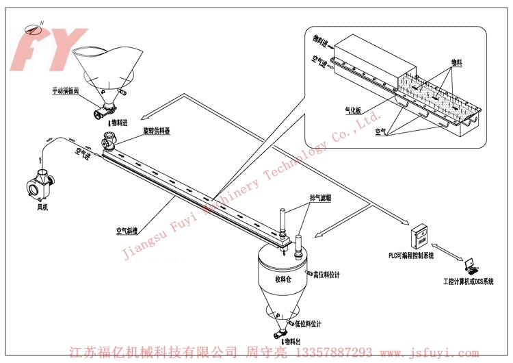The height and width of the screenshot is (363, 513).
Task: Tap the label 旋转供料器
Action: pyautogui.click(x=157, y=131)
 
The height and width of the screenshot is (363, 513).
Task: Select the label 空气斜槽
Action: pyautogui.click(x=129, y=232)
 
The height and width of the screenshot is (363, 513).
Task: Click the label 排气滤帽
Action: pyautogui.click(x=319, y=199)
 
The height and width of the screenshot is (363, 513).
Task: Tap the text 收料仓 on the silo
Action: pyautogui.click(x=283, y=279)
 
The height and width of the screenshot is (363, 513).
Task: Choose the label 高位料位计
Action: pyautogui.click(x=326, y=275)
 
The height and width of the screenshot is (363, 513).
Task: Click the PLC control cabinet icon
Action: pyautogui.click(x=419, y=237)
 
